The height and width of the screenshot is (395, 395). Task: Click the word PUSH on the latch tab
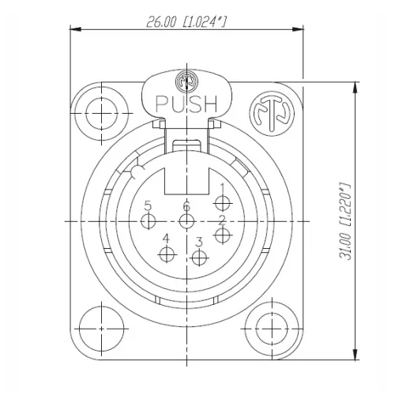click(x=186, y=103)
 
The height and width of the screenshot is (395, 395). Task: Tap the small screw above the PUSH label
click(x=186, y=81)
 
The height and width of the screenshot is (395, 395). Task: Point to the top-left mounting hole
click(x=100, y=111)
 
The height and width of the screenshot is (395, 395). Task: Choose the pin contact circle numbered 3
click(x=199, y=257)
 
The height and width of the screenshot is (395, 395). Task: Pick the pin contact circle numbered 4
click(x=167, y=254)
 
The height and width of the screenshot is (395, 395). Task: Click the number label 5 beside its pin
click(x=148, y=206)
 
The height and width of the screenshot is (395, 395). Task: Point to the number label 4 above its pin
click(x=166, y=239)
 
